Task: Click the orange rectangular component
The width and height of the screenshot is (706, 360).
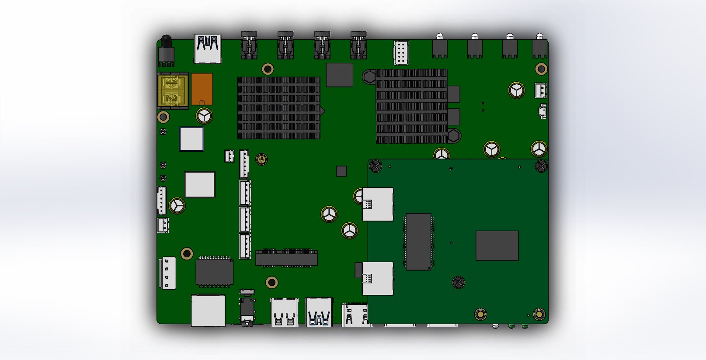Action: (x=202, y=89)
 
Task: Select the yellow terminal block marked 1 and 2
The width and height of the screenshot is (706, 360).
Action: (x=173, y=90)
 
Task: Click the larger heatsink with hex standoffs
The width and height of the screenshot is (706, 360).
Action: (x=411, y=106)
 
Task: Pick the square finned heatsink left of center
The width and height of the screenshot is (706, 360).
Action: (x=278, y=108)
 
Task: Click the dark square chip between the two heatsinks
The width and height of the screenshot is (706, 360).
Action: (x=339, y=75)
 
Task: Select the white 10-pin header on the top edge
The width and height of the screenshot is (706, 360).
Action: (x=401, y=53)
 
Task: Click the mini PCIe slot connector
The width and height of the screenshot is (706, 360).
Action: (x=286, y=258)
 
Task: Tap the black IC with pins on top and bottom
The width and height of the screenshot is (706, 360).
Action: (x=214, y=272)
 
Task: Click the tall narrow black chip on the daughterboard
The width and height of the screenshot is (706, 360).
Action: (x=418, y=242)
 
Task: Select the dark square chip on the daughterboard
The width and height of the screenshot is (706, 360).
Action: (x=497, y=246)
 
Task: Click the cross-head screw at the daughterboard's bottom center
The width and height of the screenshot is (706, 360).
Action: (x=458, y=282)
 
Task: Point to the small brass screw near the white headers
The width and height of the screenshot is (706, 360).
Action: (x=261, y=159)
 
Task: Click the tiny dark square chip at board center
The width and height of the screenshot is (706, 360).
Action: (x=341, y=171)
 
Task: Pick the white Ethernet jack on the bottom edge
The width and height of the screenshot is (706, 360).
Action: (x=208, y=311)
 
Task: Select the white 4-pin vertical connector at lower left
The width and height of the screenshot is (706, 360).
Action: (x=167, y=273)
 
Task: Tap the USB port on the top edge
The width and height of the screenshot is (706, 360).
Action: (x=208, y=48)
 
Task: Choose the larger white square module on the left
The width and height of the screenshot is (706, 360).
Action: (x=200, y=184)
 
